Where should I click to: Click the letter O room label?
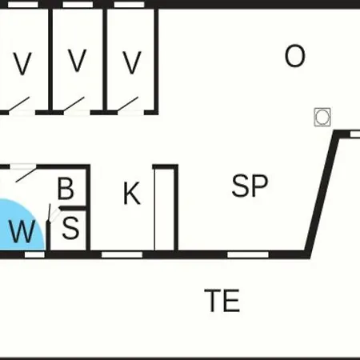coord(294,56)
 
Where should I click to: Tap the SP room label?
coord(250,186)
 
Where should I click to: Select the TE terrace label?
coord(222,301)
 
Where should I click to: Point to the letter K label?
coord(132,193)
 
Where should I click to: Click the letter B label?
coord(66,189)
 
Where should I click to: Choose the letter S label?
coord(70,227)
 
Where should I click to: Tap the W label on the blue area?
coord(22,231)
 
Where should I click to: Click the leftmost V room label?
coord(22,63)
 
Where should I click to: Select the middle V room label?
coord(78,61)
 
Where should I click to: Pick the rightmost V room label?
coord(132,62)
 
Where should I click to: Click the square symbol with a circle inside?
coord(322,117)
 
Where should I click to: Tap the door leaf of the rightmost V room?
coord(128,104)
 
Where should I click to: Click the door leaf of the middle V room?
coord(74,104)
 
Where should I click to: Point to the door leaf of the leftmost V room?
coord(18,104)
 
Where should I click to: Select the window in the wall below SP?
coord(248,254)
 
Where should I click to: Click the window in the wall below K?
coord(122,254)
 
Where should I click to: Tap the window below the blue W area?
coord(34,254)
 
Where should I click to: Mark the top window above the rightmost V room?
coord(130,5)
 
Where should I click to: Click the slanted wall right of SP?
coord(322,194)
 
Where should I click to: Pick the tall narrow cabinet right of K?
coord(166,209)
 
